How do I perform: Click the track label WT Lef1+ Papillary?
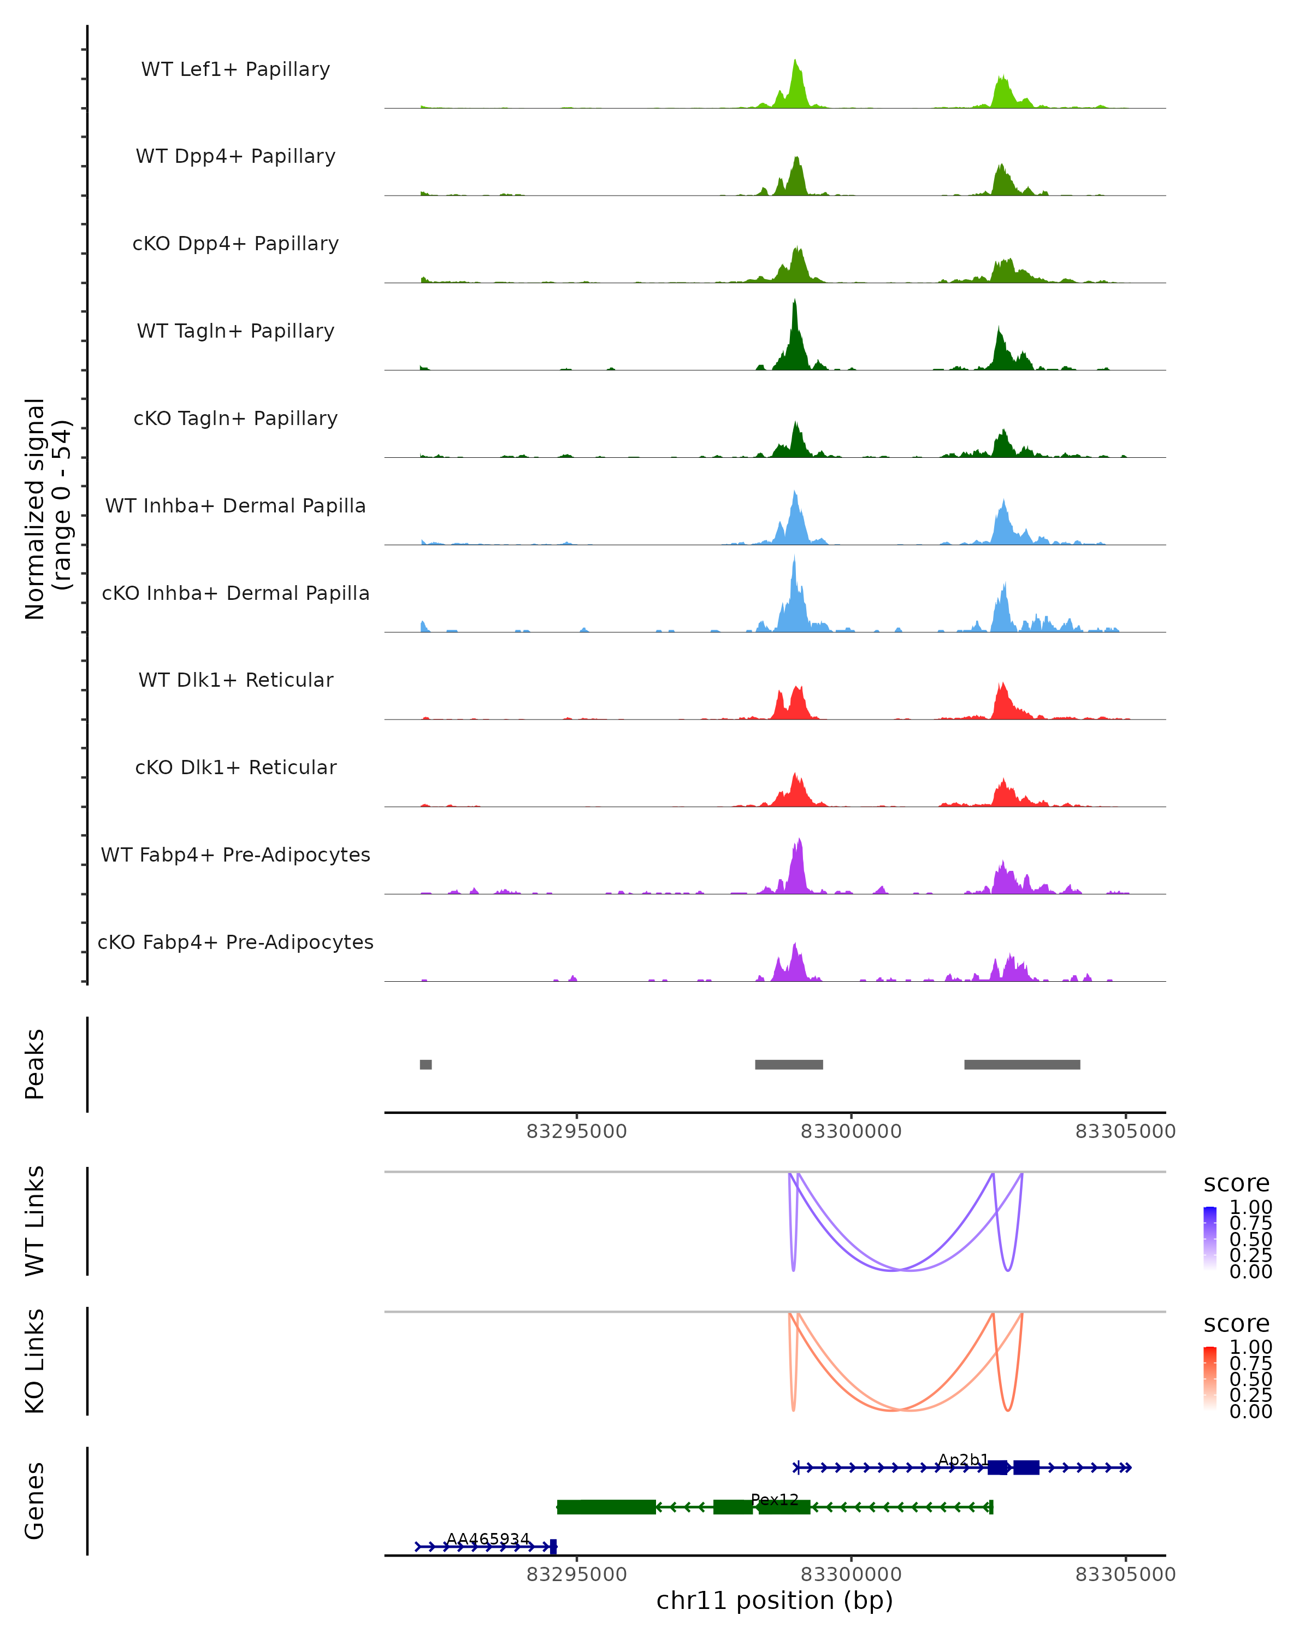235,69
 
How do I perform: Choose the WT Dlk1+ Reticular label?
235,680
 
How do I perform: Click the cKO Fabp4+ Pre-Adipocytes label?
235,942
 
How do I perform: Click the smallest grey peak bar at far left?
426,1064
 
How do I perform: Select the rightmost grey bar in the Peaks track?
1022,1064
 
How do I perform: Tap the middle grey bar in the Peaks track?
789,1064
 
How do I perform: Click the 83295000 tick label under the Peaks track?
576,1131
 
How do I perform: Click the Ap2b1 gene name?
963,1460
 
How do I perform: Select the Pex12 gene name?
775,1499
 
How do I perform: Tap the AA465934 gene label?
487,1538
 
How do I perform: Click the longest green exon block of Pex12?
606,1507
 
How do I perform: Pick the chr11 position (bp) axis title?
775,1600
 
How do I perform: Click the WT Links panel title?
35,1221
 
